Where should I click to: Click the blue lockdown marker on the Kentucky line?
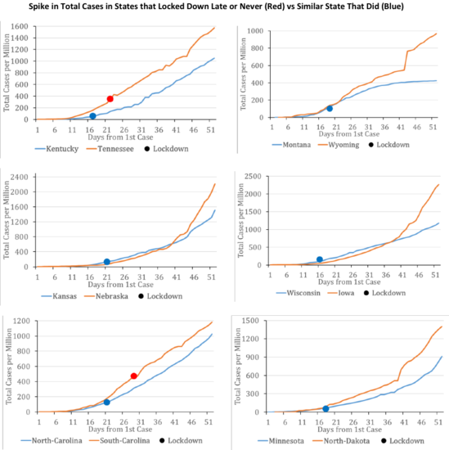(x=92, y=116)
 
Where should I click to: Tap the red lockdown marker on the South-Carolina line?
(x=133, y=376)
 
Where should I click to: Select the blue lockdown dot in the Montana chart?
(x=330, y=108)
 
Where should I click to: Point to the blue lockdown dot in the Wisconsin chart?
(x=320, y=259)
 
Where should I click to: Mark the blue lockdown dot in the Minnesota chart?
(x=326, y=408)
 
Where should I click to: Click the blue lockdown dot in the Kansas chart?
(x=106, y=262)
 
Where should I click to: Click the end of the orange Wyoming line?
(x=436, y=34)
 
